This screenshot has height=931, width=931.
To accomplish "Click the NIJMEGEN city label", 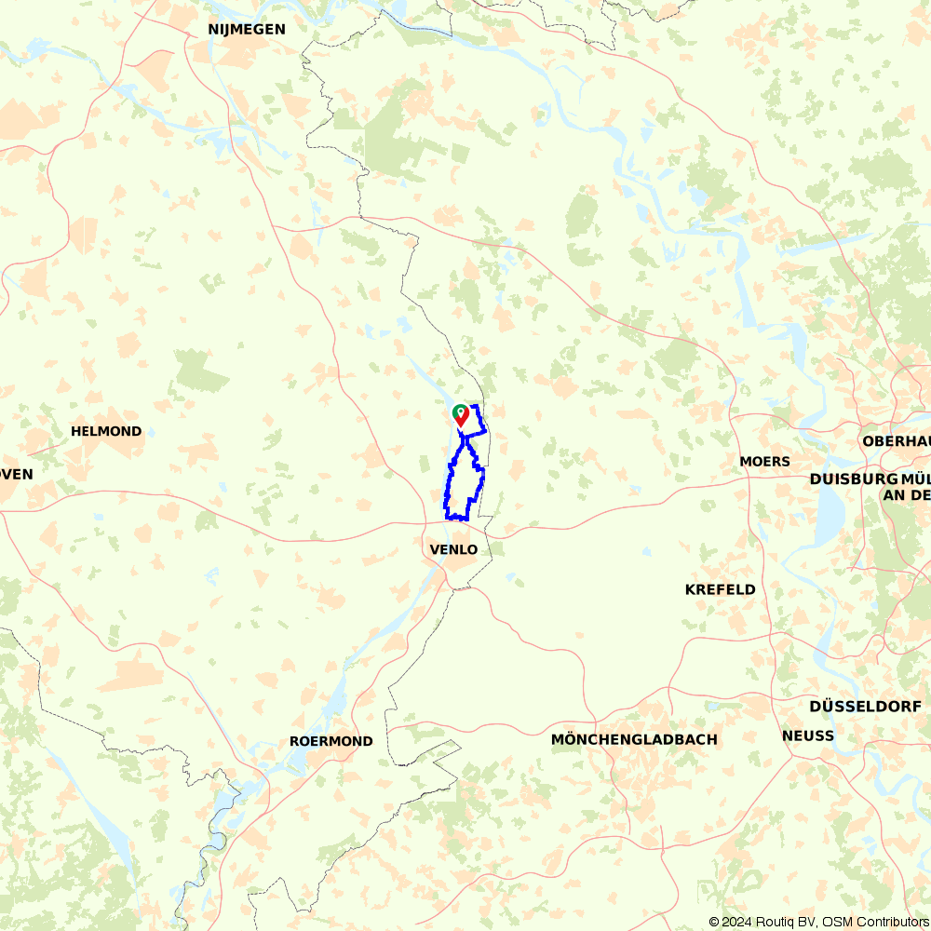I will [x=247, y=30].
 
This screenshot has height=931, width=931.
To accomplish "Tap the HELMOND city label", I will [x=106, y=431].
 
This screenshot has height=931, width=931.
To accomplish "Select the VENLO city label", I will [x=453, y=549].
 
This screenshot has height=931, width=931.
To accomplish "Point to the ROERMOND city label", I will [x=331, y=741].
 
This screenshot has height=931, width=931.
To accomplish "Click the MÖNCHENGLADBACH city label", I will [x=634, y=739].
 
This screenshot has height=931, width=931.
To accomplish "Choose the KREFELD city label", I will [x=720, y=589].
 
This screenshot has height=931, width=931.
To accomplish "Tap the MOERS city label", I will [x=764, y=461].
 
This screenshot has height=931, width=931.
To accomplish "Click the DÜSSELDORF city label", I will [x=865, y=707].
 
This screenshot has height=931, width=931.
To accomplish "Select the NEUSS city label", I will [x=808, y=735].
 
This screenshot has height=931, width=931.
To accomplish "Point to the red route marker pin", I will [x=462, y=416].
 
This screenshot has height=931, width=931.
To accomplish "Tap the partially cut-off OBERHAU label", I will [x=897, y=440].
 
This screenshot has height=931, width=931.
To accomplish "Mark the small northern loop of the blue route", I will [x=475, y=422].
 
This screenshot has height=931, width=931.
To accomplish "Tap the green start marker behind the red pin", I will [x=456, y=411].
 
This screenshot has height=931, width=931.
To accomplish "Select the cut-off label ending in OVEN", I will [x=16, y=474].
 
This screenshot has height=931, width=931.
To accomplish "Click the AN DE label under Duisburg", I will [x=906, y=494].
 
